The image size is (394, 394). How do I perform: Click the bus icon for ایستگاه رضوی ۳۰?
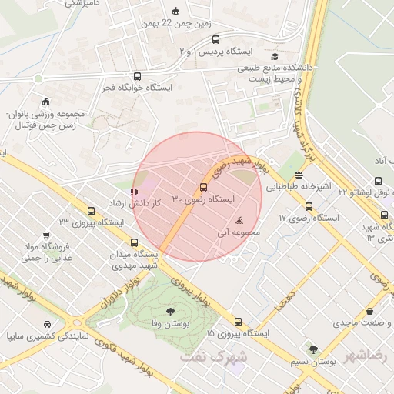203,187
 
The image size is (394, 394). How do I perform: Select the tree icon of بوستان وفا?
169,312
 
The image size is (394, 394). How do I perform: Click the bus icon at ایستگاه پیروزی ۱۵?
238,322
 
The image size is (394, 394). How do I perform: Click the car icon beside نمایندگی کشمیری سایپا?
48,324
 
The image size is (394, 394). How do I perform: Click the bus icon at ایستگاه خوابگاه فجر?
138,76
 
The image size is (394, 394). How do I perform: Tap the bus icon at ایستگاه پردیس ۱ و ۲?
215,40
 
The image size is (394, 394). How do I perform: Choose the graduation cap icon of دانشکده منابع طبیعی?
275,56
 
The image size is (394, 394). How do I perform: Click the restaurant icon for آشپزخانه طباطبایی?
299,176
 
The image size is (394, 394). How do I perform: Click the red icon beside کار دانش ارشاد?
135,191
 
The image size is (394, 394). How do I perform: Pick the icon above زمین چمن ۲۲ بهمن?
175,11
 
